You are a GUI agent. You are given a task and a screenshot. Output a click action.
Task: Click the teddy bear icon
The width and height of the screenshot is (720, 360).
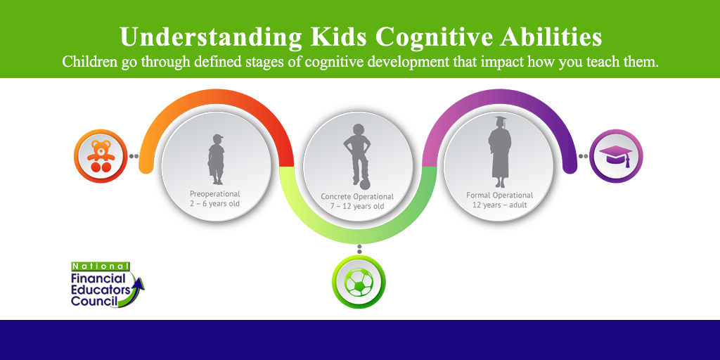click(x=101, y=156)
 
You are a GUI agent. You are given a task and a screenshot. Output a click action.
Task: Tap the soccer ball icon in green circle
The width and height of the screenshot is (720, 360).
click(x=359, y=282)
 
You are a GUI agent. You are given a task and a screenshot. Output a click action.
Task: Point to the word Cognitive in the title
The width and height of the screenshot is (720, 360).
click(x=435, y=38)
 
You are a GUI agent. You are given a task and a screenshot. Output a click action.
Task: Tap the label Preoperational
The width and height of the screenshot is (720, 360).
click(x=215, y=194)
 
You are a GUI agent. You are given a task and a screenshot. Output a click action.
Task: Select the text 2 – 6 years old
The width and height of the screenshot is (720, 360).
click(x=215, y=204)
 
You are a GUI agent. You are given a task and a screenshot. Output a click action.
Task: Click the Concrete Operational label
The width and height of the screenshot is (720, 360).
click(x=356, y=197)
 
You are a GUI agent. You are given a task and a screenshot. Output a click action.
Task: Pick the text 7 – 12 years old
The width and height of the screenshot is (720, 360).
click(x=356, y=206)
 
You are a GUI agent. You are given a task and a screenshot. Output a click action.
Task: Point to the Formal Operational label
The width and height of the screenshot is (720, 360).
click(x=500, y=195)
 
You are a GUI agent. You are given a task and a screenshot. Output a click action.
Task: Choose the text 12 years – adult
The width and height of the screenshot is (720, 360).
click(x=500, y=205)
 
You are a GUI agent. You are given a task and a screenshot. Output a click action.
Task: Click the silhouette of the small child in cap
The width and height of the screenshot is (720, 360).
click(x=216, y=160)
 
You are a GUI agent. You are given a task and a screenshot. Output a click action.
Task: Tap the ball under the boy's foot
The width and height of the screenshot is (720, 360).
click(x=366, y=185)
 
